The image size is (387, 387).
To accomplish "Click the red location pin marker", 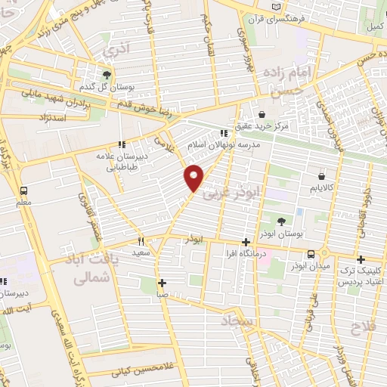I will (194, 178).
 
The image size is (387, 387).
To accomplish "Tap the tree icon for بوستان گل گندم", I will (107, 75).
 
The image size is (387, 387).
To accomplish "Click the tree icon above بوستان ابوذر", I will (281, 221).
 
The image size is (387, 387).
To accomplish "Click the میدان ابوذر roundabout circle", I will (324, 252).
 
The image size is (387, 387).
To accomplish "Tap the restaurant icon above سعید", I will (141, 241).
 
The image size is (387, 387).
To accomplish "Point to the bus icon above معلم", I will (23, 191).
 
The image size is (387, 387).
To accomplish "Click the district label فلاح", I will (366, 326).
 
